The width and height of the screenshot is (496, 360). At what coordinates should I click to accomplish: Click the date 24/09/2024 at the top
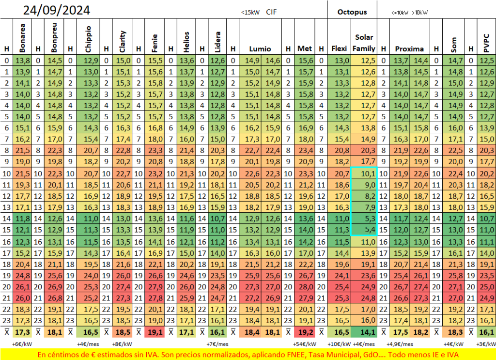click(x=57, y=10)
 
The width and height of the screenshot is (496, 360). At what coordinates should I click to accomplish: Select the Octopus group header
click(x=352, y=12)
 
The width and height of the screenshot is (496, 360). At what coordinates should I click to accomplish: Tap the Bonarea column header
click(x=22, y=38)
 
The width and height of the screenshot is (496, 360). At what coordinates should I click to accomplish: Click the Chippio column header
click(x=88, y=39)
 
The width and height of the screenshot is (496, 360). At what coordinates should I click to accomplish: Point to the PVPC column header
click(x=486, y=43)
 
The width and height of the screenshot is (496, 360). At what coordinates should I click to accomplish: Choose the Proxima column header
click(x=409, y=49)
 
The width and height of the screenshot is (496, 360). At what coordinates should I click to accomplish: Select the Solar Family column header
click(x=364, y=43)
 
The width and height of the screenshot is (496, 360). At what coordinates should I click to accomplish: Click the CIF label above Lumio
click(x=271, y=12)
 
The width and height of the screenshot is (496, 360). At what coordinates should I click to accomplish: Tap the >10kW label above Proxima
click(x=420, y=13)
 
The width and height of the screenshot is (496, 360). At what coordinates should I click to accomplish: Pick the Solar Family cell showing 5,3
click(x=364, y=219)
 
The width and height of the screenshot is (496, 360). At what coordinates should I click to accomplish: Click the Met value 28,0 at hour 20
click(x=305, y=287)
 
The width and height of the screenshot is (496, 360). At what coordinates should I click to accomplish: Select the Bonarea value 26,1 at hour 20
click(x=22, y=287)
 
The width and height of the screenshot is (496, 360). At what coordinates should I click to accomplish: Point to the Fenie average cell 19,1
click(x=155, y=332)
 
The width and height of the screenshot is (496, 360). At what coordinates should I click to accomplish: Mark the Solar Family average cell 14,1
click(x=364, y=332)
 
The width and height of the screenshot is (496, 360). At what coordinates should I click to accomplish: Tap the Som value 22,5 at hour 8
click(x=453, y=150)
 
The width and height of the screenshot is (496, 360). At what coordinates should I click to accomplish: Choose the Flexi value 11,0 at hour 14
click(x=339, y=219)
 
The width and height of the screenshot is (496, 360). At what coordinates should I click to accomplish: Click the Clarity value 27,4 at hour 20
click(x=122, y=287)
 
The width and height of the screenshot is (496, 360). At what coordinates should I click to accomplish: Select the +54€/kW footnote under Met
click(x=305, y=344)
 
